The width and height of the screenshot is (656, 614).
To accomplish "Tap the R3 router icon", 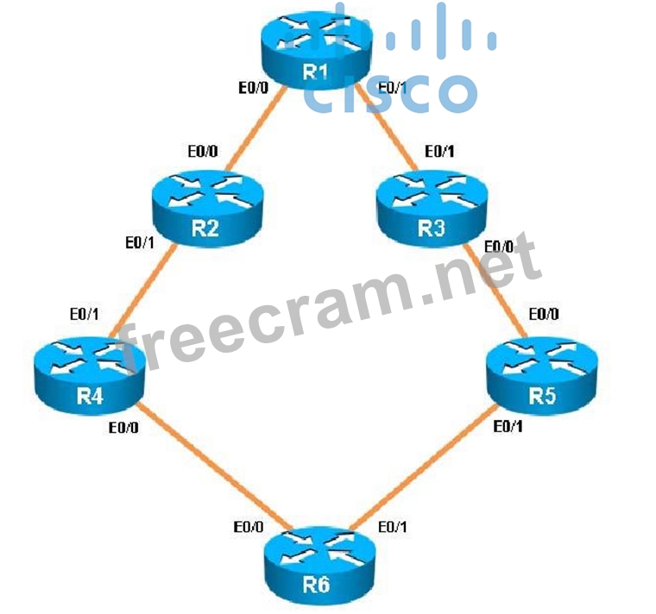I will coord(429,207).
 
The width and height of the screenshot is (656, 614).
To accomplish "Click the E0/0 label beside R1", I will coord(254,86).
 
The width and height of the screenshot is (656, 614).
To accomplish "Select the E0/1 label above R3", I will coord(439,151).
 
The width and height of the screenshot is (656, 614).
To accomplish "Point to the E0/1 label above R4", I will coord(85,315).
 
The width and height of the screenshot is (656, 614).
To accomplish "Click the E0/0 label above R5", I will coord(544,315).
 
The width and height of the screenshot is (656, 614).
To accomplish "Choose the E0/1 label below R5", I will coord(508,427).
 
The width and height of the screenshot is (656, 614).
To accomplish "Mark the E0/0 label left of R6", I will coord(248,526).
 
